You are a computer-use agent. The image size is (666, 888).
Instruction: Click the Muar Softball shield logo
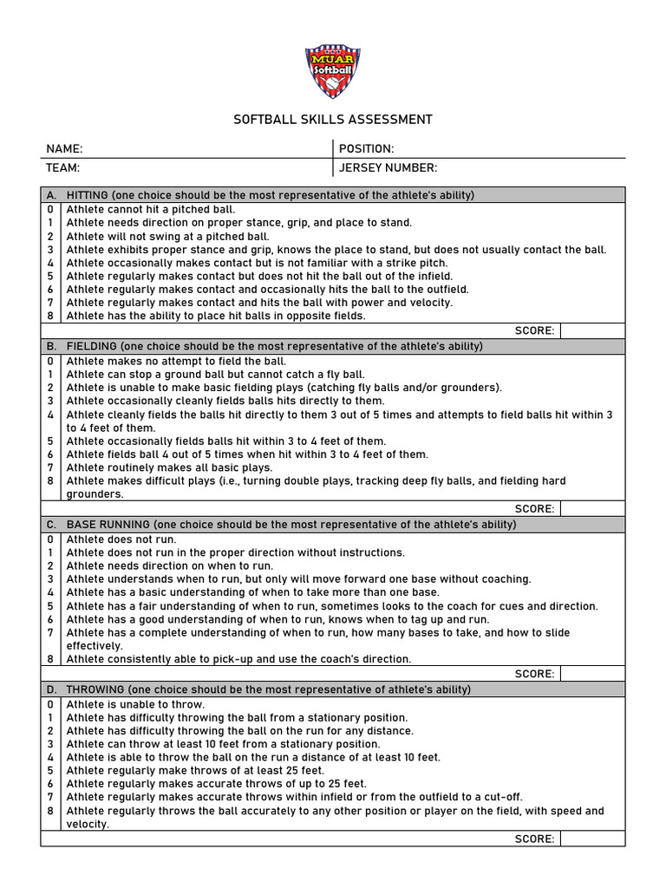tap(332, 71)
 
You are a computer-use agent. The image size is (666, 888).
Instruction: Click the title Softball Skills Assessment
tap(333, 120)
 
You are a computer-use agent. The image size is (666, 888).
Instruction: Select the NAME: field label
tap(64, 149)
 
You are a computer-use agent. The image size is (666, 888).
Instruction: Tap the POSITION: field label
tap(366, 149)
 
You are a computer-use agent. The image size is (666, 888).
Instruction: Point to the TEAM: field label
tap(63, 167)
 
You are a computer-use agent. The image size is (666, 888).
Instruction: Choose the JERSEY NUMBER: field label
tap(388, 167)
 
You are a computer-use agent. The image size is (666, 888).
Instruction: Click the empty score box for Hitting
tap(591, 330)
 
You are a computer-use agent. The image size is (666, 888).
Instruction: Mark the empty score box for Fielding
tap(591, 509)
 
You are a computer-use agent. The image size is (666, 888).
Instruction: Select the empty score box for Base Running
tap(591, 674)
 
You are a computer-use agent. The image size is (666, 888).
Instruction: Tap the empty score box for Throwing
tap(591, 839)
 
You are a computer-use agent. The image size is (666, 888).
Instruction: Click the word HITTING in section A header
tap(88, 195)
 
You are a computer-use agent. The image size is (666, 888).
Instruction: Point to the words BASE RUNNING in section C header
tap(108, 525)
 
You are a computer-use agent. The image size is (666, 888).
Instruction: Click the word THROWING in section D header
tap(95, 689)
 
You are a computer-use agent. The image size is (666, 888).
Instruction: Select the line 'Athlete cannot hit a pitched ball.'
tap(151, 209)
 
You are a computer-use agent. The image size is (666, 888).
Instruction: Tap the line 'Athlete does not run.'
tap(121, 539)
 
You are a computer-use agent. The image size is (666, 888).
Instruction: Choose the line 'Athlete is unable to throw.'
tap(135, 704)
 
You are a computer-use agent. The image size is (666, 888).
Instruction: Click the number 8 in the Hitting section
tap(50, 316)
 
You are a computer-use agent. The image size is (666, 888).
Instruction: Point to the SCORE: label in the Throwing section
tap(534, 839)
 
